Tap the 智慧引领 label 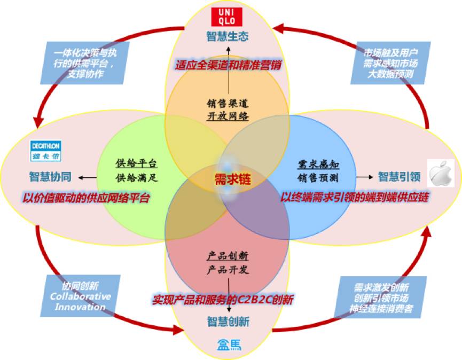400,176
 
